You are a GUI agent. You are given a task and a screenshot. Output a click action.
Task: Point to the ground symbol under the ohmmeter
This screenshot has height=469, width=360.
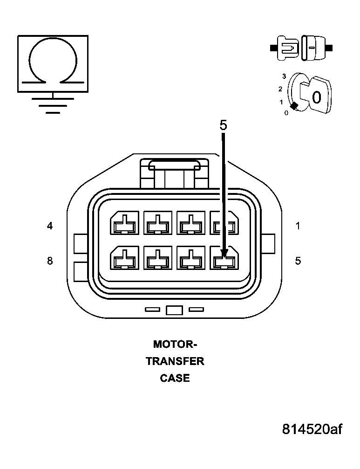pos(53,105)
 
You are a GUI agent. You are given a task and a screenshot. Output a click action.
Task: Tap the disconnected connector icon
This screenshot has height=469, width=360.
pos(301,48)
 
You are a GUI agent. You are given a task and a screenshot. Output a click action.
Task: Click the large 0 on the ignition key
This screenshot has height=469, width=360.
pos(316,97)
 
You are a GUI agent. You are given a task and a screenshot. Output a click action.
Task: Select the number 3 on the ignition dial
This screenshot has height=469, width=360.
pos(284,76)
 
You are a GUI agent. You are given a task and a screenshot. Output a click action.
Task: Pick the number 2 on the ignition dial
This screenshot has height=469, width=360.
pos(280,89)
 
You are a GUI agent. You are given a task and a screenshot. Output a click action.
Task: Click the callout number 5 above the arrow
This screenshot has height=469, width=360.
pos(223,125)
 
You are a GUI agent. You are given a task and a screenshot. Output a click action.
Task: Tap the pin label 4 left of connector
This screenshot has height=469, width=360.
pos(50,226)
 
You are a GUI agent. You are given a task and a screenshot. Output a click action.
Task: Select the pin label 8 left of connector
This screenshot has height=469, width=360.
pos(50,261)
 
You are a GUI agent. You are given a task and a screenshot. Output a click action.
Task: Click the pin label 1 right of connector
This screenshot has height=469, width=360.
pos(298,226)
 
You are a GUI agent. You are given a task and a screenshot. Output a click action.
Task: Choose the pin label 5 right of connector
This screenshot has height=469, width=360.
pos(298,261)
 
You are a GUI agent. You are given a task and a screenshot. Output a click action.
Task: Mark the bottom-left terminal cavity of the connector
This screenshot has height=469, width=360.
pos(124,257)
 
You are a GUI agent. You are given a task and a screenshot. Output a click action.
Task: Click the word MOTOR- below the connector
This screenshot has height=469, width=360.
pos(175,345)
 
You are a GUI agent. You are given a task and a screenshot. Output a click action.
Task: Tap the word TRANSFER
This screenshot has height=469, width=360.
pos(175,361)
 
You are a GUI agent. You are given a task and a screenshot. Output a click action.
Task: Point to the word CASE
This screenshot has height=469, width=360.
pos(175,378)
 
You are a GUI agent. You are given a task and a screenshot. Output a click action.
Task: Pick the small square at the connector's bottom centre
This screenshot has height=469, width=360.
pos(174,310)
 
